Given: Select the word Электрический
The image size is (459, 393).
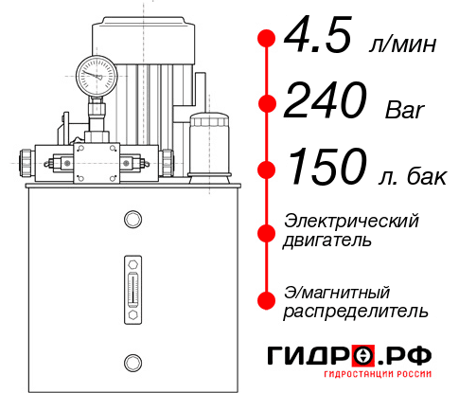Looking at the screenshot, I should [x=351, y=221].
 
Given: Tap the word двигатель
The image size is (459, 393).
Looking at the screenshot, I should [x=327, y=241].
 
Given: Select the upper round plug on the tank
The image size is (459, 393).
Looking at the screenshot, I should [x=132, y=220].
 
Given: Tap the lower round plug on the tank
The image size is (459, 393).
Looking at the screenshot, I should [x=132, y=360].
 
